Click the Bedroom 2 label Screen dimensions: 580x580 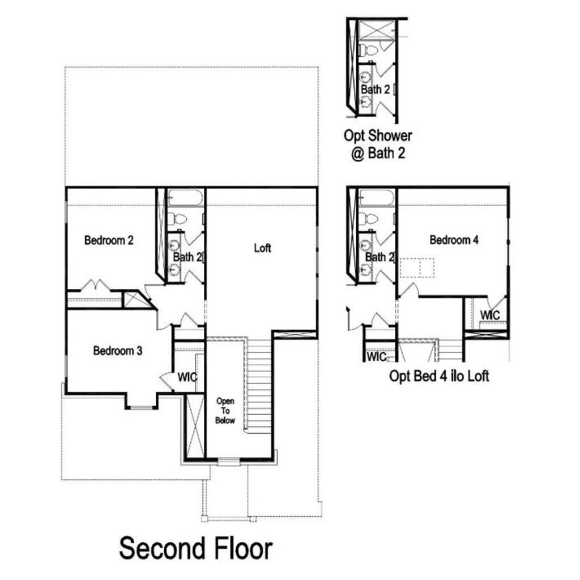(109, 240)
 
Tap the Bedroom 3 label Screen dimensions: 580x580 (118, 351)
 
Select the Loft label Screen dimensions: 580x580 (262, 248)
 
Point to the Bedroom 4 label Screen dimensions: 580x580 (454, 240)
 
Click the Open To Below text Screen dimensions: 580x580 (225, 411)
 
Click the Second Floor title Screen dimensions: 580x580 (195, 548)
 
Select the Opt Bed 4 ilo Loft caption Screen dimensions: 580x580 (439, 376)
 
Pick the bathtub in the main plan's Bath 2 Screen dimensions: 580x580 (185, 198)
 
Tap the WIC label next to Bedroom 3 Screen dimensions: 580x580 (187, 377)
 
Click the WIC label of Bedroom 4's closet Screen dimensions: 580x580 (490, 315)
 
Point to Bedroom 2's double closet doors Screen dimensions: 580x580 (95, 285)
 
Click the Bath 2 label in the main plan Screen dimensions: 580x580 (188, 257)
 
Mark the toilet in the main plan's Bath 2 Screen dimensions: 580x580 (177, 219)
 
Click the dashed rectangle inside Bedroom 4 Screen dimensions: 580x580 (417, 268)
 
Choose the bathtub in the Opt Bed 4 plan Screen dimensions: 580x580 (377, 198)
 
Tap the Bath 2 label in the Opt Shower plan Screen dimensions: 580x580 (375, 89)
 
